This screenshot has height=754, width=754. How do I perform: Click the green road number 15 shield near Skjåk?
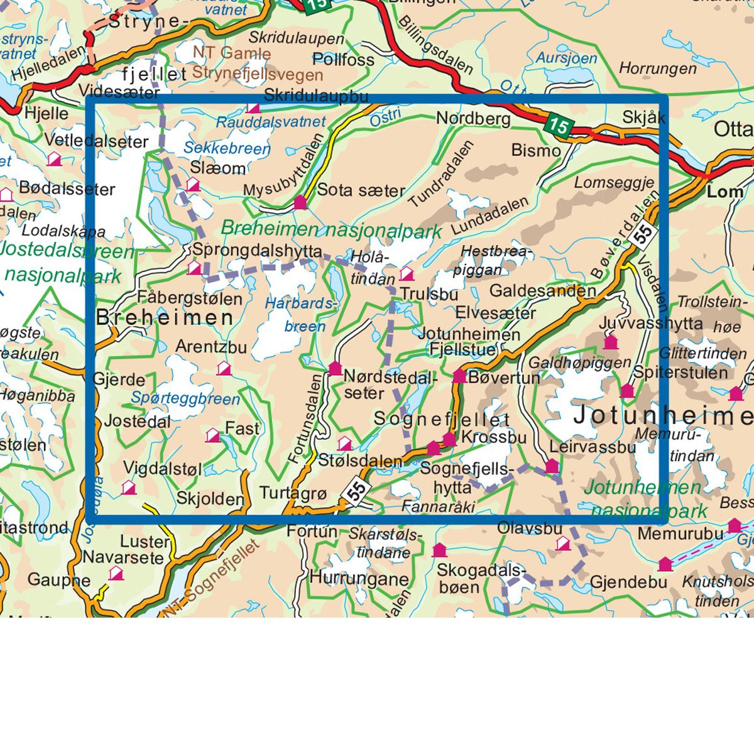(557, 125)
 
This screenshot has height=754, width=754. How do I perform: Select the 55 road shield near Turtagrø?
(356, 490)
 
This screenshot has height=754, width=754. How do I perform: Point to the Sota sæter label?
(361, 190)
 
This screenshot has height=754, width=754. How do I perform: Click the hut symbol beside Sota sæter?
(300, 202)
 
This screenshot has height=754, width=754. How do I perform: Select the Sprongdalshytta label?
(257, 249)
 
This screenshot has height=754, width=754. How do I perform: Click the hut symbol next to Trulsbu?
(407, 274)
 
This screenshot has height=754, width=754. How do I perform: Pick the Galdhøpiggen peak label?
(579, 363)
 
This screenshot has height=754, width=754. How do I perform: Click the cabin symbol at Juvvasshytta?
(610, 342)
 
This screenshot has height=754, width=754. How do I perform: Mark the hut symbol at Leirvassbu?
(552, 466)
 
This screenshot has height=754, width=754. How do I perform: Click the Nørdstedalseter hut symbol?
(335, 368)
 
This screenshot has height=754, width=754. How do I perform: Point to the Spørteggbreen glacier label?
(185, 398)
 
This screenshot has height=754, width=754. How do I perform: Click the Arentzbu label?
(210, 346)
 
